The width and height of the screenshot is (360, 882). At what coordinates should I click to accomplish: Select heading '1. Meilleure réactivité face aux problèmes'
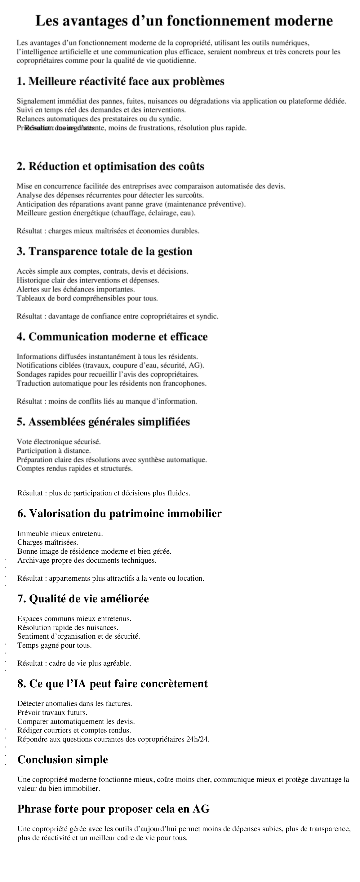(x=121, y=82)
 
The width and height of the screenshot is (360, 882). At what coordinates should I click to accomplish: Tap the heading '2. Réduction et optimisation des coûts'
(x=110, y=166)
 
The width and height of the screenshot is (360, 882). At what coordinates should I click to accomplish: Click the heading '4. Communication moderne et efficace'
(x=112, y=337)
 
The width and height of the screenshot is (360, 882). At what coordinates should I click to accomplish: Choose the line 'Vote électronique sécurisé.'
(x=59, y=442)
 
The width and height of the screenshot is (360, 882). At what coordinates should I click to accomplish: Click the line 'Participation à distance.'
(x=54, y=450)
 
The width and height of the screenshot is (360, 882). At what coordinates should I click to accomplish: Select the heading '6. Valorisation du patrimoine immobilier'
(x=120, y=514)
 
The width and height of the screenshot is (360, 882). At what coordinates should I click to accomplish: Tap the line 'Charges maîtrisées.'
(x=48, y=542)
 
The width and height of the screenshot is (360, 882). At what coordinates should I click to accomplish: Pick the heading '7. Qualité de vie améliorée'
(x=83, y=599)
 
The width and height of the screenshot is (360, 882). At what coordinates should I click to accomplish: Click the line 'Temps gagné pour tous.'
(x=55, y=645)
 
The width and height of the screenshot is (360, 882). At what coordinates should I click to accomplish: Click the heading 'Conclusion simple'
(x=63, y=760)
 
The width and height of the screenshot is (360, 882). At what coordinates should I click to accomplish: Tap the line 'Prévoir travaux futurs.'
(x=52, y=712)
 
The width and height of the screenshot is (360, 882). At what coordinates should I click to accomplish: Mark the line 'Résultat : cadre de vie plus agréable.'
(x=74, y=663)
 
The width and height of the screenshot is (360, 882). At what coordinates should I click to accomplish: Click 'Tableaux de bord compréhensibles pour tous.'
(x=87, y=298)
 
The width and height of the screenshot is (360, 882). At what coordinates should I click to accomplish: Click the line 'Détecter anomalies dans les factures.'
(x=75, y=704)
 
